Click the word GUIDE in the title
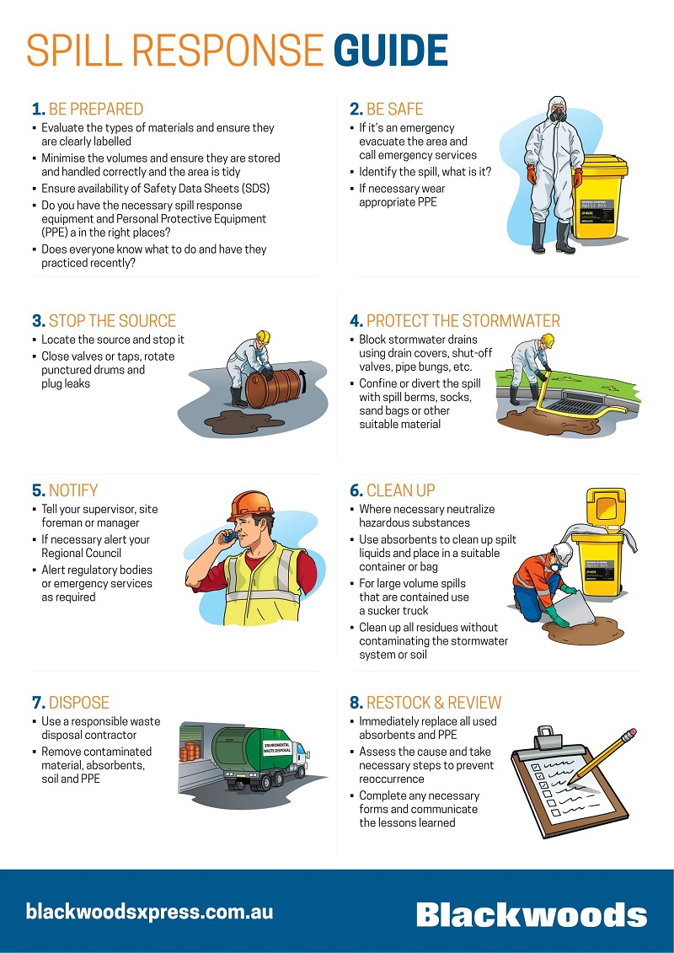click(391, 51)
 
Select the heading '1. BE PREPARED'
click(88, 110)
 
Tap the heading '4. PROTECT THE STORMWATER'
click(455, 321)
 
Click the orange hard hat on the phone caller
click(250, 505)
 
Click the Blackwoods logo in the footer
click(532, 913)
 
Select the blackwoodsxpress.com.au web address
click(149, 912)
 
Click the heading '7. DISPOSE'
click(71, 703)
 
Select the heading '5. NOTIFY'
click(65, 490)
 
